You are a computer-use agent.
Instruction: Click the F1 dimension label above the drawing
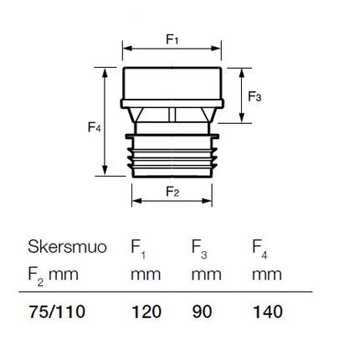(x=172, y=39)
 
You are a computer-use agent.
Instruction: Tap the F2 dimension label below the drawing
(x=172, y=192)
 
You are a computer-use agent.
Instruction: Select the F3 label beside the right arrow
(x=255, y=96)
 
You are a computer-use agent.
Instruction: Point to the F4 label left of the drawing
(x=95, y=127)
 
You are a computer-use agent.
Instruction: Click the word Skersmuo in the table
(x=67, y=247)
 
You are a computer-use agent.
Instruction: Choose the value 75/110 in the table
(x=57, y=311)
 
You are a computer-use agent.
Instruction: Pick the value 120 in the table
(x=147, y=311)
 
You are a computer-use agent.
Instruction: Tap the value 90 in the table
(x=202, y=311)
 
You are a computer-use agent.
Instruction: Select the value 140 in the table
(x=268, y=311)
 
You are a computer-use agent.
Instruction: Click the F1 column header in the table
(x=138, y=249)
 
